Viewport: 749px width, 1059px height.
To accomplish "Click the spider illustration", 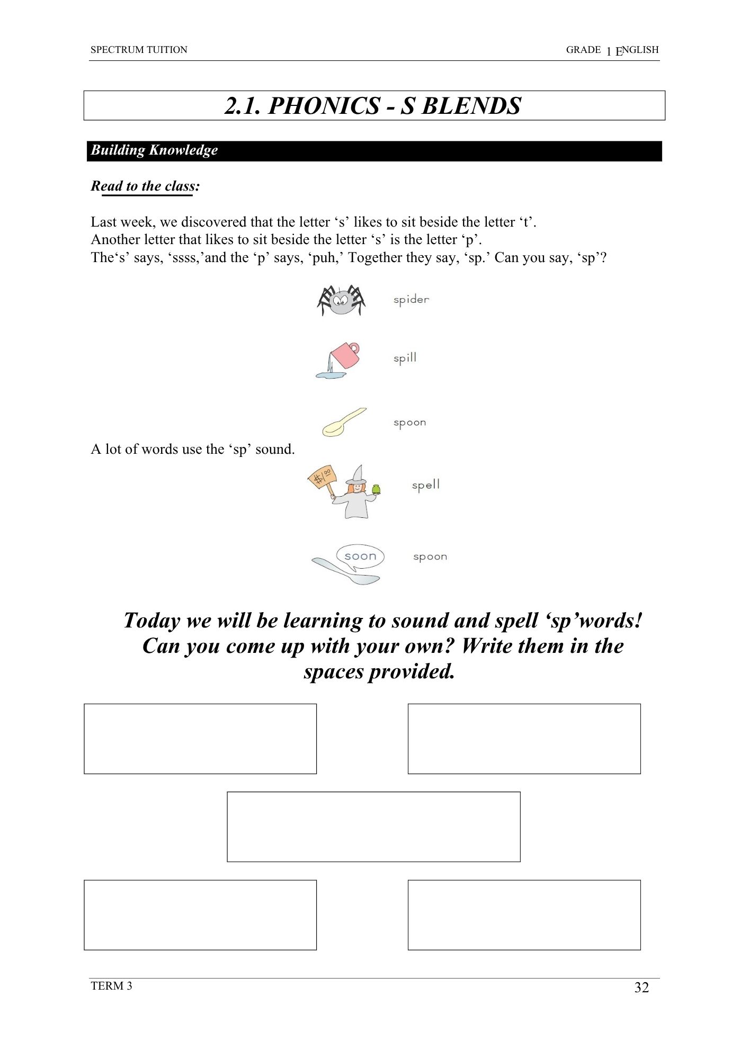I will point(341,300).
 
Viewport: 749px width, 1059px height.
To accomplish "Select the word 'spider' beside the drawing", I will point(411,300).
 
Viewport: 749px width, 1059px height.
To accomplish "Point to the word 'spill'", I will point(405,358).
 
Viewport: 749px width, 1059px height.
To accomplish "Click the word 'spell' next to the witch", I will point(426,485).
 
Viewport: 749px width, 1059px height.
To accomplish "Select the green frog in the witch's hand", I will point(376,489).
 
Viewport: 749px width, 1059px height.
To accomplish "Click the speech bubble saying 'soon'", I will point(360,557).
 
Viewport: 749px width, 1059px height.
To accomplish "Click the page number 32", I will point(641,988).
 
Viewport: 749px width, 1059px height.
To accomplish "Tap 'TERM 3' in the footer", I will point(111,986).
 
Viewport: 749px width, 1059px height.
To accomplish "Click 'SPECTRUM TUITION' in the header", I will point(139,50).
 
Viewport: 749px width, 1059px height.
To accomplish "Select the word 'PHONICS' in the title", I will point(324,106).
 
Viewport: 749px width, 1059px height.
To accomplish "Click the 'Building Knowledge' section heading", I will point(154,150).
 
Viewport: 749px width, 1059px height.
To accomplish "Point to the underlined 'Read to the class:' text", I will point(145,186).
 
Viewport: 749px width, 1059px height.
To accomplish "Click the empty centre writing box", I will point(373,827).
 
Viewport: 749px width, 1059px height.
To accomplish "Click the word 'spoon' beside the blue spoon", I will point(430,557).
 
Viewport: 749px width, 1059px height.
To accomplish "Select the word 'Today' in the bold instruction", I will point(151,621).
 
